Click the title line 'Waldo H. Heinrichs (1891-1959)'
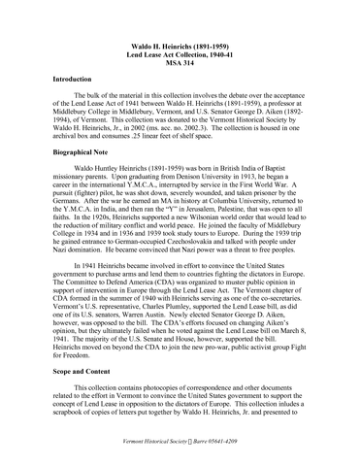pos(180,46)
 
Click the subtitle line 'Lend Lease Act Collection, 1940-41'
pos(180,54)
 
